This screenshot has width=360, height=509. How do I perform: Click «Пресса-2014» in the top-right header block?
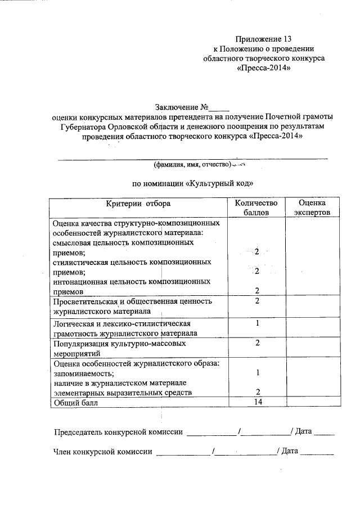264,67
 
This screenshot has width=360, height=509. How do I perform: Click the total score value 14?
256,402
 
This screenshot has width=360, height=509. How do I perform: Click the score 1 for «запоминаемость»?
256,373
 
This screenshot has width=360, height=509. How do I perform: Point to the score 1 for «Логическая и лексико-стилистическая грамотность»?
256,323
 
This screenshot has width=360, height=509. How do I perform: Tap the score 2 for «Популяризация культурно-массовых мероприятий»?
256,343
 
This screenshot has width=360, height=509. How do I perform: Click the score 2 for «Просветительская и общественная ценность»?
256,301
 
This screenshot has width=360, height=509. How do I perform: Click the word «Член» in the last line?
63,451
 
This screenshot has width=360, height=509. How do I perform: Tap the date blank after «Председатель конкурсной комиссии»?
324,433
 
